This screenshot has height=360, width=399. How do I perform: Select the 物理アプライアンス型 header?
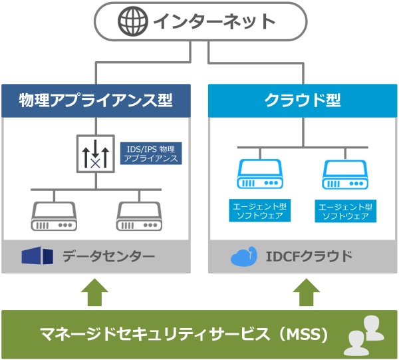pyautogui.click(x=96, y=100)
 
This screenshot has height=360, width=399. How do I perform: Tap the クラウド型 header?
pyautogui.click(x=303, y=100)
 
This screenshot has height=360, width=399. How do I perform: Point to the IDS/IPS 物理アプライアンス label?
pyautogui.click(x=153, y=154)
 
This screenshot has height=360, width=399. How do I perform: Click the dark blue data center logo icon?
pyautogui.click(x=37, y=256)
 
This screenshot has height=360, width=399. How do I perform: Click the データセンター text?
pyautogui.click(x=109, y=256)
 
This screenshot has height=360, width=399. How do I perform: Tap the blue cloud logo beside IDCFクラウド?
pyautogui.click(x=243, y=257)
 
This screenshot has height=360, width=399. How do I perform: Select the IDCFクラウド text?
pyautogui.click(x=310, y=256)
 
